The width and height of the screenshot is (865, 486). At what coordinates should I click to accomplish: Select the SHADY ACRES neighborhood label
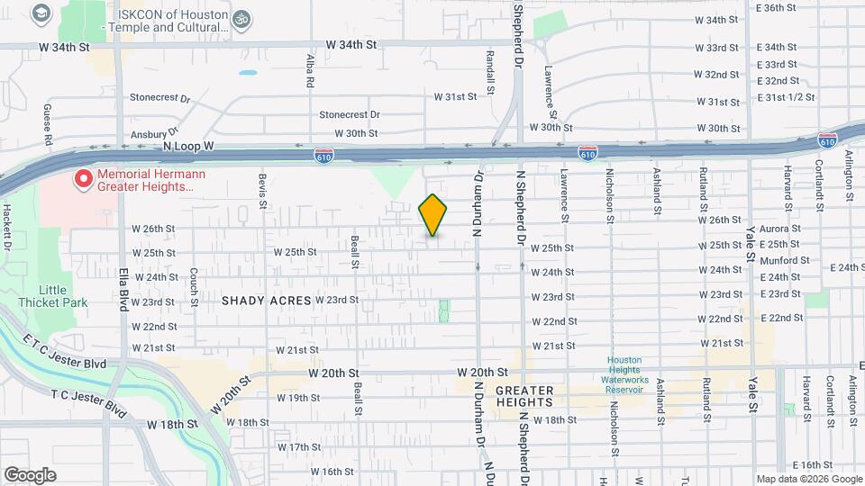pos(266,301)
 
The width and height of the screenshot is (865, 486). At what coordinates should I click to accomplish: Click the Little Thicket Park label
pos(64,296)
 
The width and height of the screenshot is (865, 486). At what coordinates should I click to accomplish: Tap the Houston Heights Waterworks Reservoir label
pos(624,370)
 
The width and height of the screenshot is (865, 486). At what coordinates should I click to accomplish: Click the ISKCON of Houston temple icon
pos(240,17)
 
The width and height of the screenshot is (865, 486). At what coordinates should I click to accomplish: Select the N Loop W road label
pos(187,145)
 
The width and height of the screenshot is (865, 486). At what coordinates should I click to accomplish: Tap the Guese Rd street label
pos(47,124)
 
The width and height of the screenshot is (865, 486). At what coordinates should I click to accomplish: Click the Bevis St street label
pos(262,191)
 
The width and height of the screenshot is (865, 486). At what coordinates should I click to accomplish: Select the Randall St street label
pos(490,72)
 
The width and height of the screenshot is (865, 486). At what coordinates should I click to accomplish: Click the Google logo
pos(30,475)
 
